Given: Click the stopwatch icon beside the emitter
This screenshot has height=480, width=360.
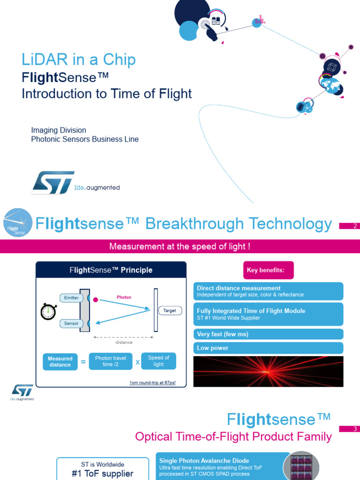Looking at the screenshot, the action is [x=48, y=312].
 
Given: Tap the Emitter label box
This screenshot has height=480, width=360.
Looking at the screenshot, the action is [x=71, y=298].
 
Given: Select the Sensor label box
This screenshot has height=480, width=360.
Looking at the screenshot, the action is [x=71, y=323].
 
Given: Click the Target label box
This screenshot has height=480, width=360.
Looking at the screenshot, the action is [x=170, y=310].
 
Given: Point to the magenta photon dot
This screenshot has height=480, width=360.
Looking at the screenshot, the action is [x=96, y=300].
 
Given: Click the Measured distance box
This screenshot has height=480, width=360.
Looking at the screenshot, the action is [x=60, y=361].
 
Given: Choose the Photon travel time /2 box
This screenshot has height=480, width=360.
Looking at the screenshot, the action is [x=111, y=361].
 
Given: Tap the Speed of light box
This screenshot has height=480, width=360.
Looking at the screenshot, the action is [x=158, y=361].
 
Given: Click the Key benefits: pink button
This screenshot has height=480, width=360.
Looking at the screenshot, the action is [x=269, y=270].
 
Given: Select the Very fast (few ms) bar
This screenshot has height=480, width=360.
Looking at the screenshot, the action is [x=268, y=334].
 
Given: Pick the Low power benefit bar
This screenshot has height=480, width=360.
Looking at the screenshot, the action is [x=268, y=348].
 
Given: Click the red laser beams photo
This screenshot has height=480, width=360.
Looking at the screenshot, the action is [x=268, y=371].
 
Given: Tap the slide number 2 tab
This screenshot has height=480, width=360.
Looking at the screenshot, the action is [x=349, y=226].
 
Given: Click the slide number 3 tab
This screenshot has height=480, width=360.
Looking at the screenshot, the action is [x=349, y=428].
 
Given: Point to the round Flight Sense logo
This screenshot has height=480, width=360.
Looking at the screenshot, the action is [x=18, y=223].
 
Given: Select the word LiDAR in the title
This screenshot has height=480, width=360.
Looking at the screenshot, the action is [x=45, y=59].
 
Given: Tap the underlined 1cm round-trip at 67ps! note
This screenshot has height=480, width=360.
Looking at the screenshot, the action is [x=152, y=382].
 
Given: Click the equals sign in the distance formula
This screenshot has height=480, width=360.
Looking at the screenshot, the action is [x=83, y=362].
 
